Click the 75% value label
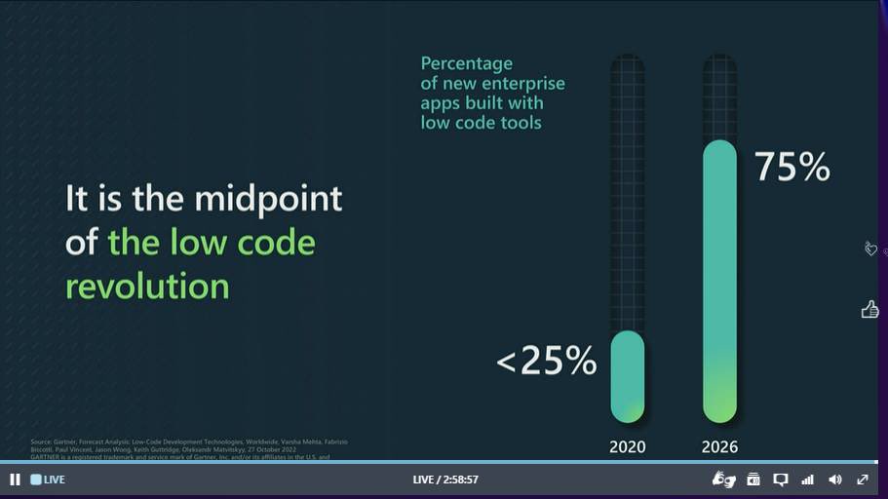coord(791,167)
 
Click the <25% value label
coord(546,361)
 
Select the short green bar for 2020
coord(627,376)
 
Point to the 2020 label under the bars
coord(627,447)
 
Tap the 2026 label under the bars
coord(719,447)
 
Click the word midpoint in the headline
coord(268,199)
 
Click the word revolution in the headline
coord(147,286)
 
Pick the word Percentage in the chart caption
coord(466,63)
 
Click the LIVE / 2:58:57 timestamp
coord(445,480)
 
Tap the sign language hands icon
coord(723,480)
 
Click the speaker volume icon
coord(834,480)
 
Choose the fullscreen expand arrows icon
coord(863,480)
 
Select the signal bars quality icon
coord(807,480)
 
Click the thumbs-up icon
coord(869,309)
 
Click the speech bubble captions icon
coord(780,480)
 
